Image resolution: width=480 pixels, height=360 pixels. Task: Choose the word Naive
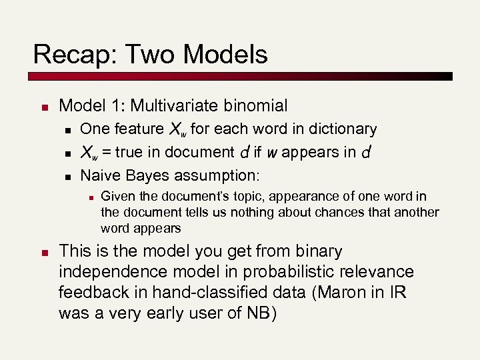point(100,176)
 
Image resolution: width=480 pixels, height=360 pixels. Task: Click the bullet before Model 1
point(43,106)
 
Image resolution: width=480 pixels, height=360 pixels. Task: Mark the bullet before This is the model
point(43,253)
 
